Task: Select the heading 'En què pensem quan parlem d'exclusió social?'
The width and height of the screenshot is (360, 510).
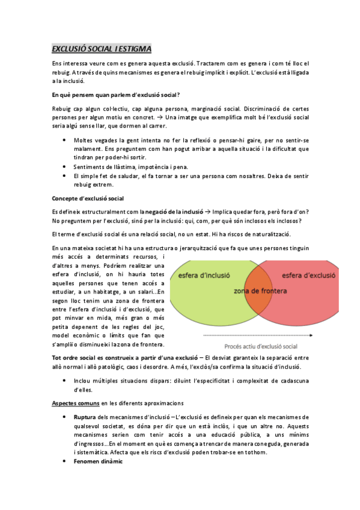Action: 117,94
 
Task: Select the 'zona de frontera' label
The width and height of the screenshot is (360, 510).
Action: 260,291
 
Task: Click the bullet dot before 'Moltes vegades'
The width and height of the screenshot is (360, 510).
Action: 65,140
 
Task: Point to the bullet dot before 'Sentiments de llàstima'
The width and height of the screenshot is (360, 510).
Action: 65,166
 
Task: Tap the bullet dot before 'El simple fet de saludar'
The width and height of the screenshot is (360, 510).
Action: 65,175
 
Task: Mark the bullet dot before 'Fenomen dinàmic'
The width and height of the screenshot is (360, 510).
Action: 65,461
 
